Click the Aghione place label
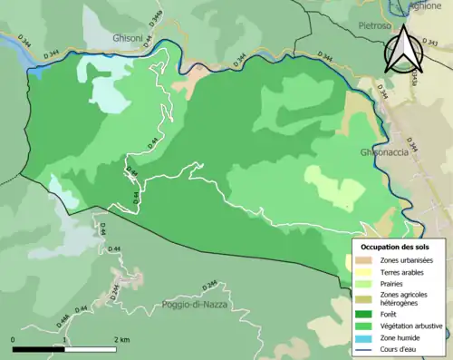(424, 5)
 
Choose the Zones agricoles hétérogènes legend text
(404, 299)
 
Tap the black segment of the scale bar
(39, 349)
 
